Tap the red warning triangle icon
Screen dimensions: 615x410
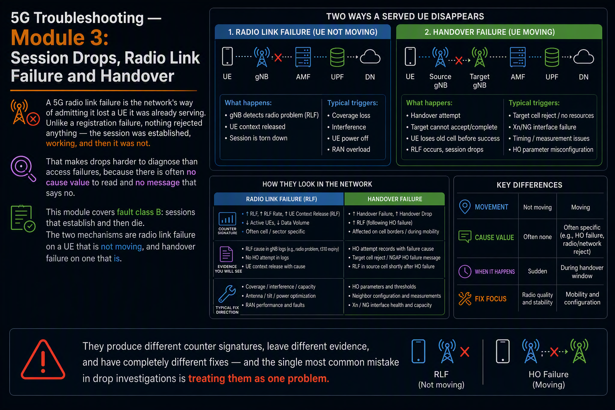click(43, 360)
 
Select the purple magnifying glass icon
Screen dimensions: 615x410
click(23, 168)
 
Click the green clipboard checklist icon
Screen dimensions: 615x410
click(23, 219)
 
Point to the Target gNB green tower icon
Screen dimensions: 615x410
click(479, 57)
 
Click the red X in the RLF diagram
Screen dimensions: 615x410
click(278, 58)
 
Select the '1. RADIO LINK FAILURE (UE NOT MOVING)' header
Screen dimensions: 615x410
click(303, 32)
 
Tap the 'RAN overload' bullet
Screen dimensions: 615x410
click(349, 149)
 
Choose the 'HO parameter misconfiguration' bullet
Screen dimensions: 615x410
click(551, 149)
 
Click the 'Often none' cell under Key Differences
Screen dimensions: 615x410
click(537, 237)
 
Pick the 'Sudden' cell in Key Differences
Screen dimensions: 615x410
click(537, 271)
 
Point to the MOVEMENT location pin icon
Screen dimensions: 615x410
click(465, 207)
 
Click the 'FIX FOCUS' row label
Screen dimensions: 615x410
click(490, 299)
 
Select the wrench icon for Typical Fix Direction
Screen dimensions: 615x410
click(227, 294)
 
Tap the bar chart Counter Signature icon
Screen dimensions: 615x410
click(227, 219)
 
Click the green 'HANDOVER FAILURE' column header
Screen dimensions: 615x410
click(394, 199)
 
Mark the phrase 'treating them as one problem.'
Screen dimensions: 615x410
click(259, 378)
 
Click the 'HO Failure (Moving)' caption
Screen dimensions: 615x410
click(549, 379)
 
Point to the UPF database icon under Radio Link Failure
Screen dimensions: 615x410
click(337, 57)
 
